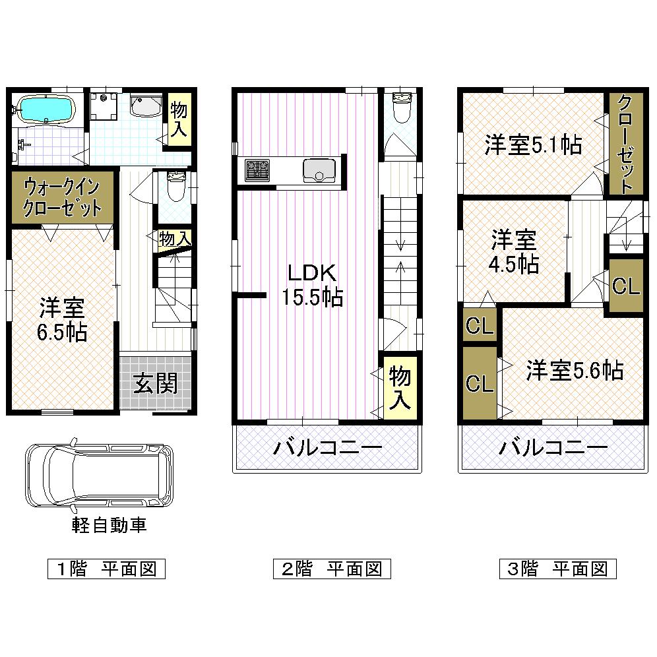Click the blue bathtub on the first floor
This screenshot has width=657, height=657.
pyautogui.click(x=46, y=109)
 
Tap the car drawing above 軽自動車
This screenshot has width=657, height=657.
pyautogui.click(x=99, y=474)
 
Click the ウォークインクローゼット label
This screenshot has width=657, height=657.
pyautogui.click(x=63, y=198)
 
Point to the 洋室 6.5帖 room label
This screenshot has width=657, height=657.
pyautogui.click(x=63, y=320)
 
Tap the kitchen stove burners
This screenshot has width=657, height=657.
pyautogui.click(x=257, y=170)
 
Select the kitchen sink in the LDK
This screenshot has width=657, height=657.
pyautogui.click(x=319, y=170)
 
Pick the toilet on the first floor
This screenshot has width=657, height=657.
pyautogui.click(x=175, y=187)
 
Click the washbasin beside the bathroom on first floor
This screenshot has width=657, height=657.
pyautogui.click(x=146, y=106)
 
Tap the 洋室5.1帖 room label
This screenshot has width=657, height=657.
pyautogui.click(x=533, y=144)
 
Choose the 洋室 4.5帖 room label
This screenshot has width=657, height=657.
pyautogui.click(x=513, y=252)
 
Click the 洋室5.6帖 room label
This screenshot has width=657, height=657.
pyautogui.click(x=574, y=371)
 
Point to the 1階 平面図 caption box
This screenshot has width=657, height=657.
pyautogui.click(x=106, y=569)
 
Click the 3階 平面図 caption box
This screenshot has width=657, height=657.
pyautogui.click(x=557, y=569)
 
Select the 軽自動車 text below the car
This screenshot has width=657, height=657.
pyautogui.click(x=109, y=525)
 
